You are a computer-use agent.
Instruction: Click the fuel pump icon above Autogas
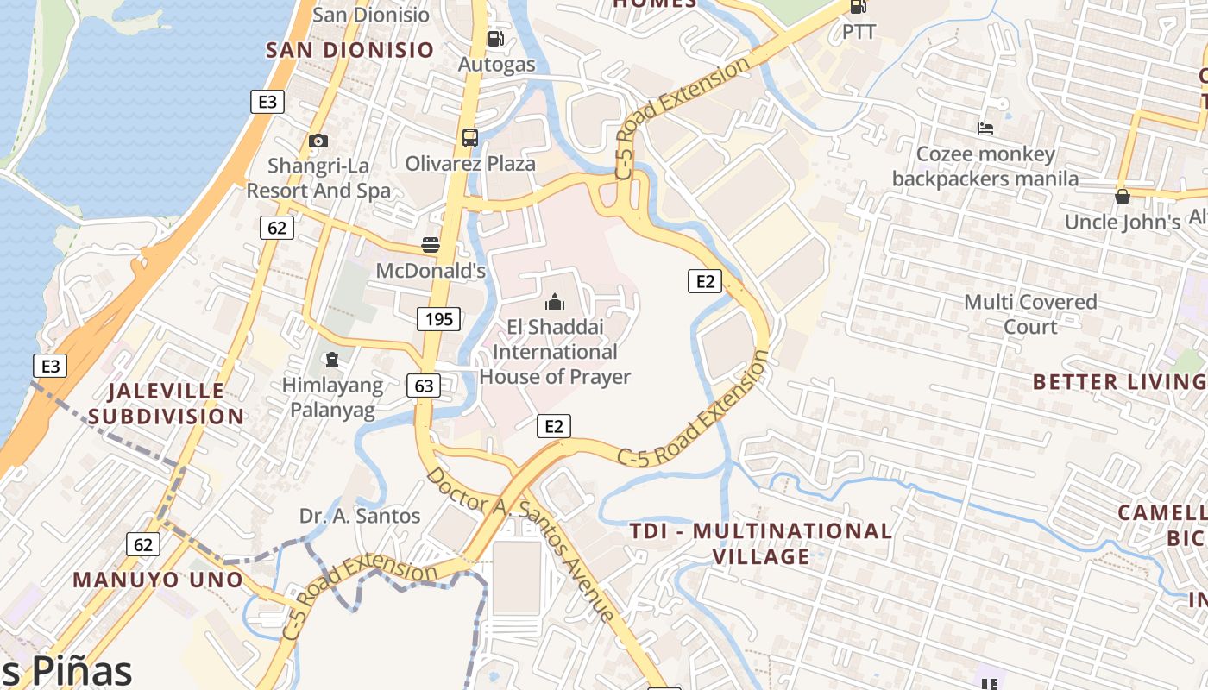click(495, 39)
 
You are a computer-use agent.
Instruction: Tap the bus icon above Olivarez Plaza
click(470, 137)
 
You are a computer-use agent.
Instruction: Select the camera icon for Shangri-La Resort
click(318, 141)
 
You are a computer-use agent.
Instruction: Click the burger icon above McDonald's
click(431, 245)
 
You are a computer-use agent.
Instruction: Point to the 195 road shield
click(438, 319)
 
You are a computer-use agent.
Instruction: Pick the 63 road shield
click(424, 385)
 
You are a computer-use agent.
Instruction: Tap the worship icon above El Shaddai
click(554, 302)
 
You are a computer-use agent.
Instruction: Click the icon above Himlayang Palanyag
click(332, 360)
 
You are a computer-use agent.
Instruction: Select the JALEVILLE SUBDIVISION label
click(166, 404)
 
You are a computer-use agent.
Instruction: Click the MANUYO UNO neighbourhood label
click(158, 580)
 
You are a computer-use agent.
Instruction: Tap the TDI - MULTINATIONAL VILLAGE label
click(761, 543)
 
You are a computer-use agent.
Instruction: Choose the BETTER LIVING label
click(1118, 382)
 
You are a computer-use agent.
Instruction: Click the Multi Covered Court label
click(1030, 314)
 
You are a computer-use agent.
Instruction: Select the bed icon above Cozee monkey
click(985, 129)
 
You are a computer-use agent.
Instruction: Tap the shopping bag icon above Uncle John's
click(1122, 197)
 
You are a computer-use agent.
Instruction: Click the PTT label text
click(859, 32)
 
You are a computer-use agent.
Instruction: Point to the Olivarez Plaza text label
click(470, 163)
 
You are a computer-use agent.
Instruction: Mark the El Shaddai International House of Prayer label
click(555, 352)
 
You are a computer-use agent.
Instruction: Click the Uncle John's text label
click(1122, 222)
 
